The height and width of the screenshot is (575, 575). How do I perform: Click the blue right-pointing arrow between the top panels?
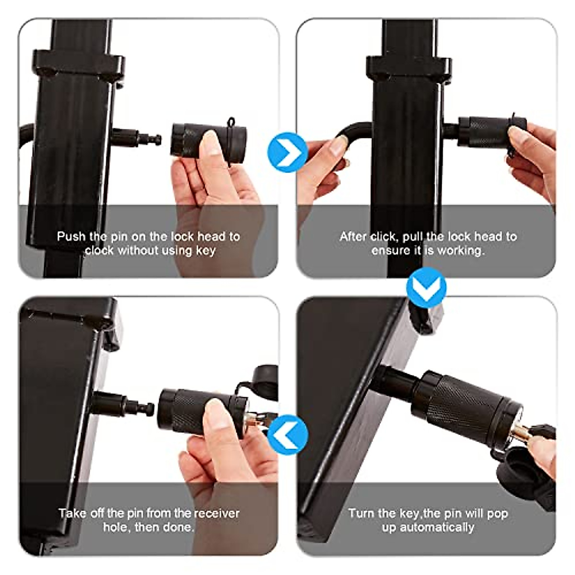coord(287,152)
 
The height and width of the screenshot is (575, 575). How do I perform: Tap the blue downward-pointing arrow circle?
coord(426,287)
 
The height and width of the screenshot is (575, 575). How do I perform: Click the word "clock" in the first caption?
coord(100,251)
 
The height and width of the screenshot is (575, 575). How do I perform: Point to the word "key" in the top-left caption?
coord(206,251)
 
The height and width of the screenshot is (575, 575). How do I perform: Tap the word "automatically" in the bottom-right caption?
coord(428,528)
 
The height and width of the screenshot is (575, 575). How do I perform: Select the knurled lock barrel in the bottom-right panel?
coord(460,407)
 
